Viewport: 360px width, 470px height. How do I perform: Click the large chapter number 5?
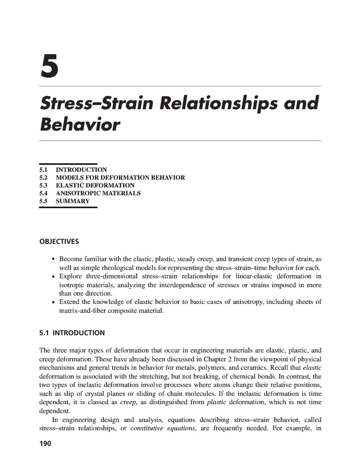coord(50,65)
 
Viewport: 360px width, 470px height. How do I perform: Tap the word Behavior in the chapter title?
coord(80,125)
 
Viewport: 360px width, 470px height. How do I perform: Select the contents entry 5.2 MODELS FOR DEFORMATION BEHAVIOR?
coord(120,178)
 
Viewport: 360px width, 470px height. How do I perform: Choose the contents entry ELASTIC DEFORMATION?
coord(95,185)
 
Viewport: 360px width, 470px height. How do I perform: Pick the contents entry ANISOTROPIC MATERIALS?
coord(98,193)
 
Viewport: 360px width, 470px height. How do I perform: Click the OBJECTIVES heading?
coord(59,241)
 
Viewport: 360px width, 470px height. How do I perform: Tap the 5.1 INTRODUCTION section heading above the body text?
coord(72,333)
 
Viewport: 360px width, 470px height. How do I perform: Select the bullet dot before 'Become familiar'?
coord(54,259)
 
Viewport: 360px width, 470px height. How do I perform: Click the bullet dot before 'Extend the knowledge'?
coord(54,302)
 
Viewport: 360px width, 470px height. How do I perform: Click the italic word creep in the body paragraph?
coord(129,402)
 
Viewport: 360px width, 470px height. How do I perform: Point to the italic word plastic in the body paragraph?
coord(217,402)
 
